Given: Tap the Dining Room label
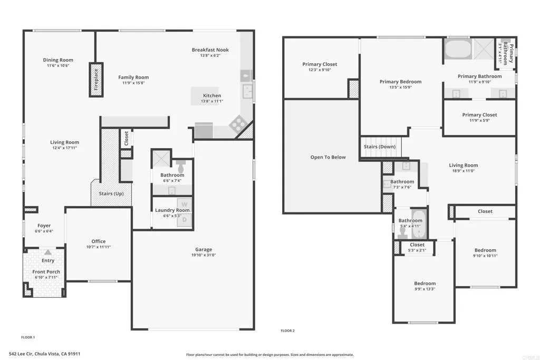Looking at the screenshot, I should click(58, 60).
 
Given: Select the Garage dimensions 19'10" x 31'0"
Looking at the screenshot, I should click(204, 255).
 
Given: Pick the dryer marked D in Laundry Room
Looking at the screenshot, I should click(185, 220).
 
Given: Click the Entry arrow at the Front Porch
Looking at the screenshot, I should click(48, 253).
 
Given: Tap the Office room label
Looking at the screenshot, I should click(99, 241).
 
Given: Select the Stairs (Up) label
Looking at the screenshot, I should click(111, 194).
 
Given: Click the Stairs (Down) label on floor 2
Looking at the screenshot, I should click(380, 147).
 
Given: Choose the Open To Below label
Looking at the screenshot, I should click(328, 157).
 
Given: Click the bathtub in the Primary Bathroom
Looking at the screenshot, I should click(458, 50).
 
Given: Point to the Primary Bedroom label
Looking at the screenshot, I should click(401, 82).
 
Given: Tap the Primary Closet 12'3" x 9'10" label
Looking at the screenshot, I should click(320, 64).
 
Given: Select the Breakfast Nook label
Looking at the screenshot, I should click(210, 50).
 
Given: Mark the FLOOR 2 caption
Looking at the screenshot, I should click(287, 331).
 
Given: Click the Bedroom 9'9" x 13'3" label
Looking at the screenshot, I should click(425, 284).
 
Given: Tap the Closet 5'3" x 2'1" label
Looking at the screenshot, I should click(417, 245).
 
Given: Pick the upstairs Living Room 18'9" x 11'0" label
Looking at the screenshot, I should click(463, 166).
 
